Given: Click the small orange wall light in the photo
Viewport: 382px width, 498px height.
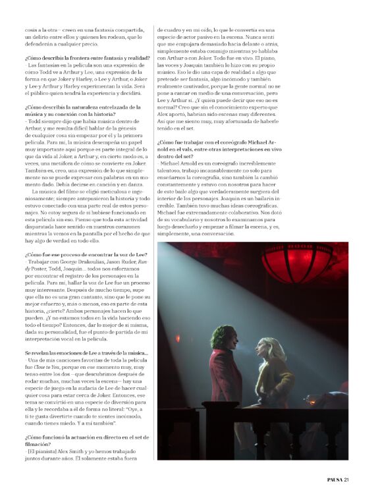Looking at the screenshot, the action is pyautogui.click(x=177, y=338).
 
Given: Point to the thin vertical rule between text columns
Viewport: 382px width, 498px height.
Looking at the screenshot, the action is pyautogui.click(x=153, y=198).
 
